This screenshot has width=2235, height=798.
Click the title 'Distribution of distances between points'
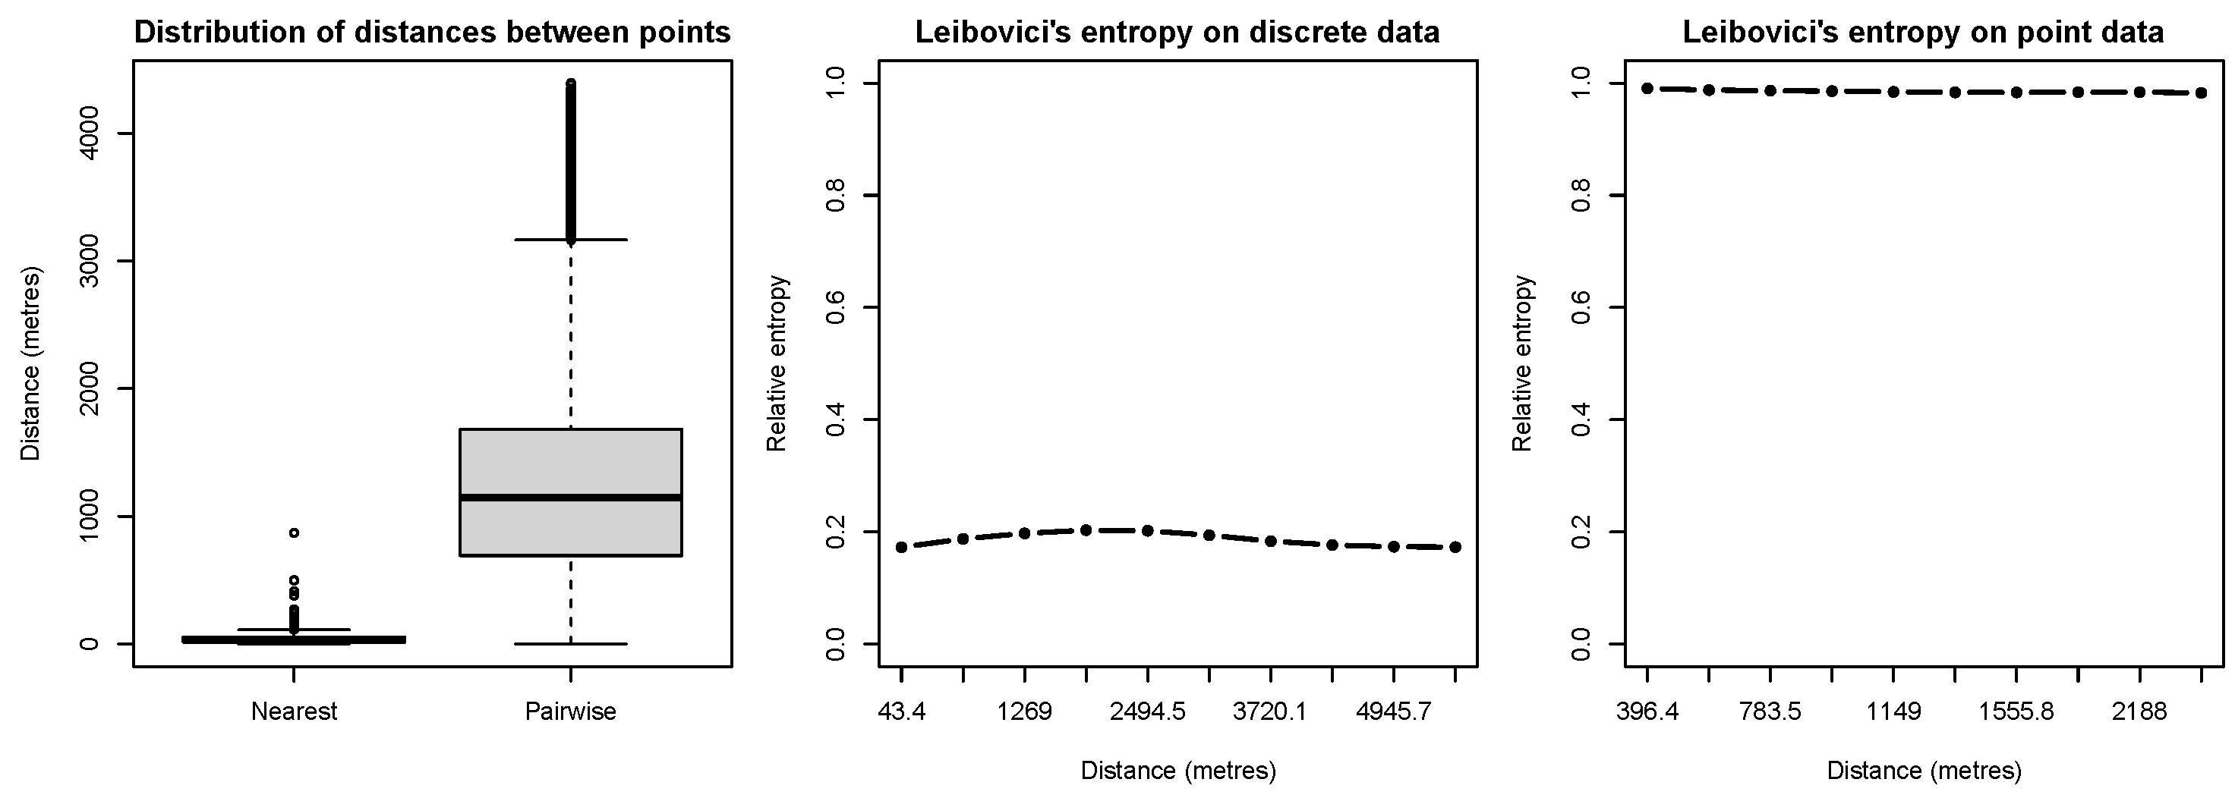(x=432, y=33)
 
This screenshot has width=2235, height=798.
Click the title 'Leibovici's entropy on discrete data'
(x=1177, y=33)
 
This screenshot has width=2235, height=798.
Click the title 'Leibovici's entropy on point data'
(x=1923, y=33)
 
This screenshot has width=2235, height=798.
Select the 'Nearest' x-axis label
(x=294, y=712)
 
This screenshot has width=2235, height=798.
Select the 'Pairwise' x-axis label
(x=570, y=712)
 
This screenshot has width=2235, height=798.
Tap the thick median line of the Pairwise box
(x=570, y=497)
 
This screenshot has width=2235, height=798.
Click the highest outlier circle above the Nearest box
(x=294, y=533)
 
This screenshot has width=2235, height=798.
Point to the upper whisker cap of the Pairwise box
(x=570, y=240)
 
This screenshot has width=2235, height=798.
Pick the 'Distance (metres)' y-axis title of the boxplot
(x=31, y=363)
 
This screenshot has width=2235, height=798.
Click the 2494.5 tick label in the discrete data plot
(x=1147, y=712)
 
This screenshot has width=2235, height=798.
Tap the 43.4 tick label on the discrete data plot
(x=901, y=712)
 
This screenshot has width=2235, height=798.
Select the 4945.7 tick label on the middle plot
(x=1393, y=712)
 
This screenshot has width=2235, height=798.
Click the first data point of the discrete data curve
(x=901, y=548)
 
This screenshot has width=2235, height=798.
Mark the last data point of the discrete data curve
(x=1455, y=548)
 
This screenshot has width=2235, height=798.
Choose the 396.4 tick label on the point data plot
(x=1647, y=712)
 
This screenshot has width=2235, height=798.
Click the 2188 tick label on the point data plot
(x=2139, y=712)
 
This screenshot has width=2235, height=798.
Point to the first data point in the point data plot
(x=1647, y=89)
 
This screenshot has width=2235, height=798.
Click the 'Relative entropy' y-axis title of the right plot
(x=1523, y=363)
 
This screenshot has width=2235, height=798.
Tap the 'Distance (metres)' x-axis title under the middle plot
(x=1177, y=770)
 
